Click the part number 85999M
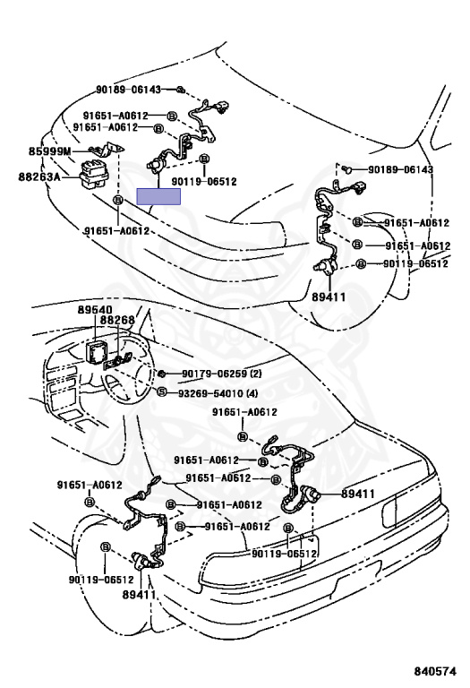click(49, 151)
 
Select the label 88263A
click(39, 176)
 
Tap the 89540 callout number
click(95, 310)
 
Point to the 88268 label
click(117, 320)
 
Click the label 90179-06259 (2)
click(221, 374)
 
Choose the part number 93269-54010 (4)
click(218, 393)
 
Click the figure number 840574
click(435, 671)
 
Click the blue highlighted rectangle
click(158, 196)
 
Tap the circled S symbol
click(161, 392)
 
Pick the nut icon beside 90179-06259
click(161, 374)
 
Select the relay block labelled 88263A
click(93, 176)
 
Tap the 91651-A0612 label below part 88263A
click(116, 231)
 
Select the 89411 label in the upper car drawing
click(329, 297)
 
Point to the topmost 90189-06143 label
click(128, 90)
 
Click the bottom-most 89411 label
click(140, 595)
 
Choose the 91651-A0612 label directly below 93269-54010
click(244, 412)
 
